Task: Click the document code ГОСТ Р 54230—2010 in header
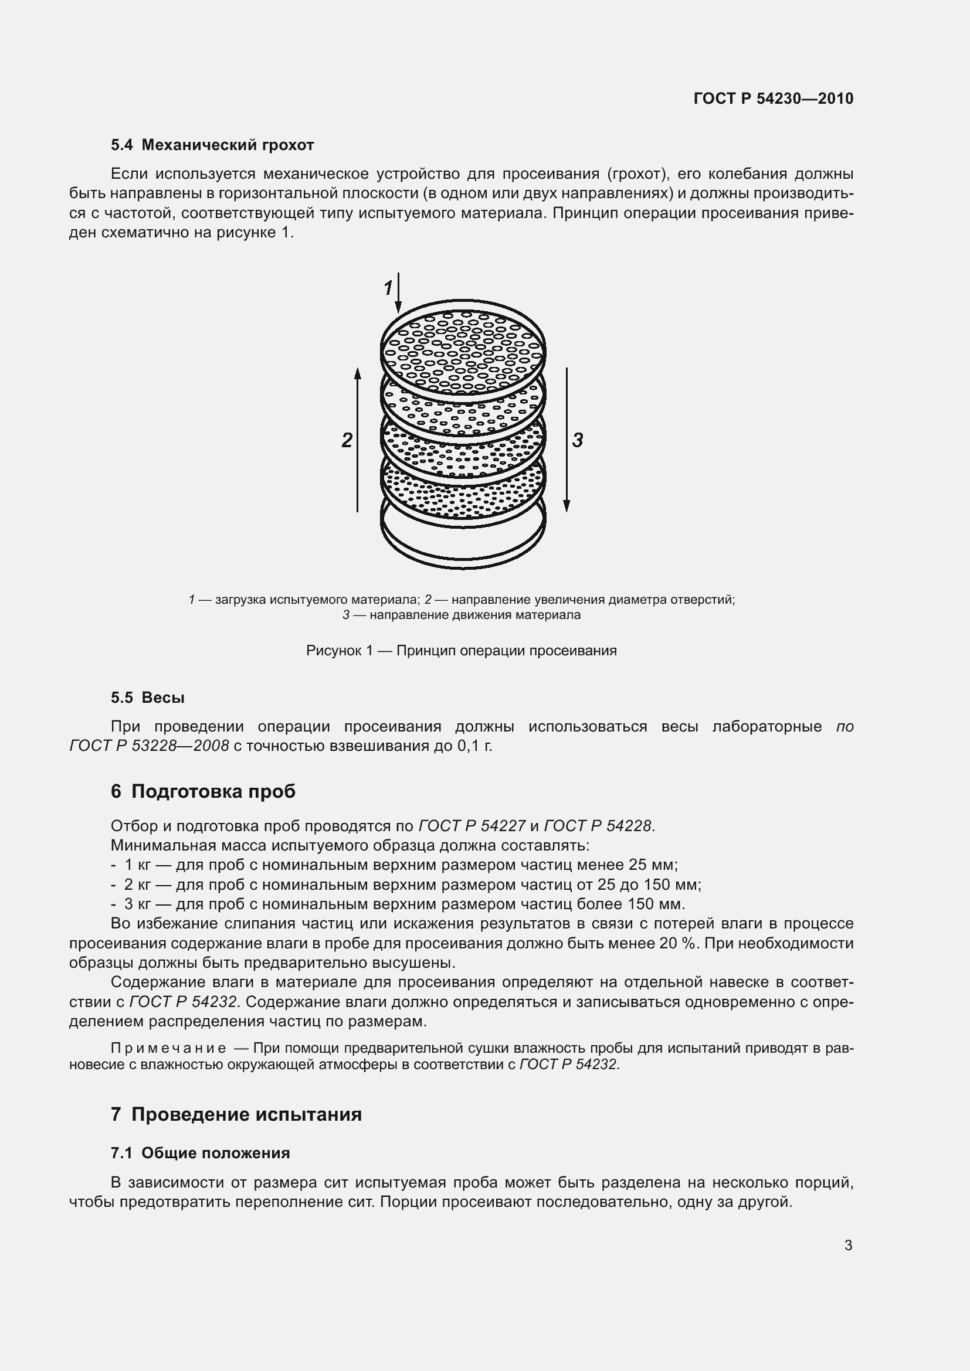tap(774, 98)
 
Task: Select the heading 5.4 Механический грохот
tap(212, 145)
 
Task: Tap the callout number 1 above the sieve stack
tap(388, 288)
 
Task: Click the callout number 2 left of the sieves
tap(347, 441)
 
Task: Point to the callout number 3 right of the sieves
tap(577, 441)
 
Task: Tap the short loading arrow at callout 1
tap(398, 292)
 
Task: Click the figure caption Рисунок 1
tap(461, 650)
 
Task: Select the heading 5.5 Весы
tap(148, 698)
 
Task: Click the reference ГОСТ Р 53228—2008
tap(150, 746)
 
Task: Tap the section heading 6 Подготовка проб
tap(203, 791)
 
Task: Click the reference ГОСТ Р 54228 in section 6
tap(598, 826)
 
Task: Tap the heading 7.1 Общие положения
tap(200, 1153)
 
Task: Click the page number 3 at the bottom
tap(848, 1245)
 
